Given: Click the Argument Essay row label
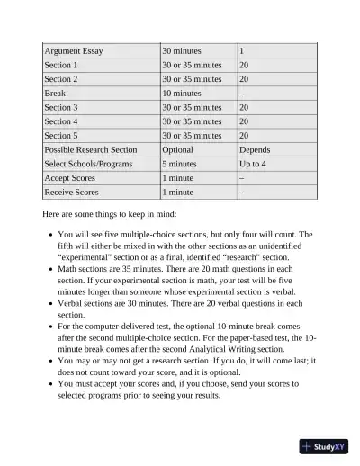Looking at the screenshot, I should [74, 51].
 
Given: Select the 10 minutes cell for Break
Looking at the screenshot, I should [182, 93].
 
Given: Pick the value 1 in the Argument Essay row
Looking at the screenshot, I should [242, 51].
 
